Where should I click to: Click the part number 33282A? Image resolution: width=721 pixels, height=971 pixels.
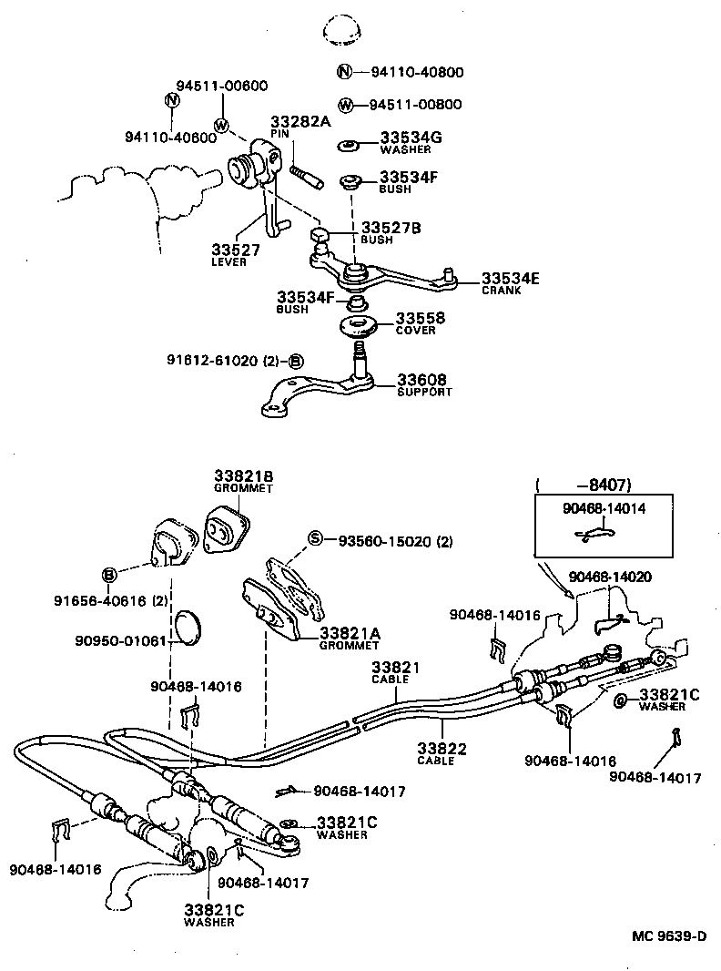[300, 121]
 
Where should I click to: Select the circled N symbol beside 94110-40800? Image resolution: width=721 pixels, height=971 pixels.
[344, 72]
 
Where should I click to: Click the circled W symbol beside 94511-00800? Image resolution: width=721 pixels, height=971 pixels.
[344, 105]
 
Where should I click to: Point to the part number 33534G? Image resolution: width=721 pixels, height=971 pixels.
[411, 138]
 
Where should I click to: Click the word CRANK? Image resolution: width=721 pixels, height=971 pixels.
[503, 291]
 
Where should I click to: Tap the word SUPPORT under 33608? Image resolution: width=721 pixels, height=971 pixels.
[424, 392]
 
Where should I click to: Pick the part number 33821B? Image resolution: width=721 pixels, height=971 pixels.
[244, 475]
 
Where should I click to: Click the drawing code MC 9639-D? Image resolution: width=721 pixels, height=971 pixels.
[671, 935]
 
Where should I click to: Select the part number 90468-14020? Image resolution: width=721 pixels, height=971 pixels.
[609, 577]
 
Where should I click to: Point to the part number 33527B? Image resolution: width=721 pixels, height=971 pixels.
[391, 228]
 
